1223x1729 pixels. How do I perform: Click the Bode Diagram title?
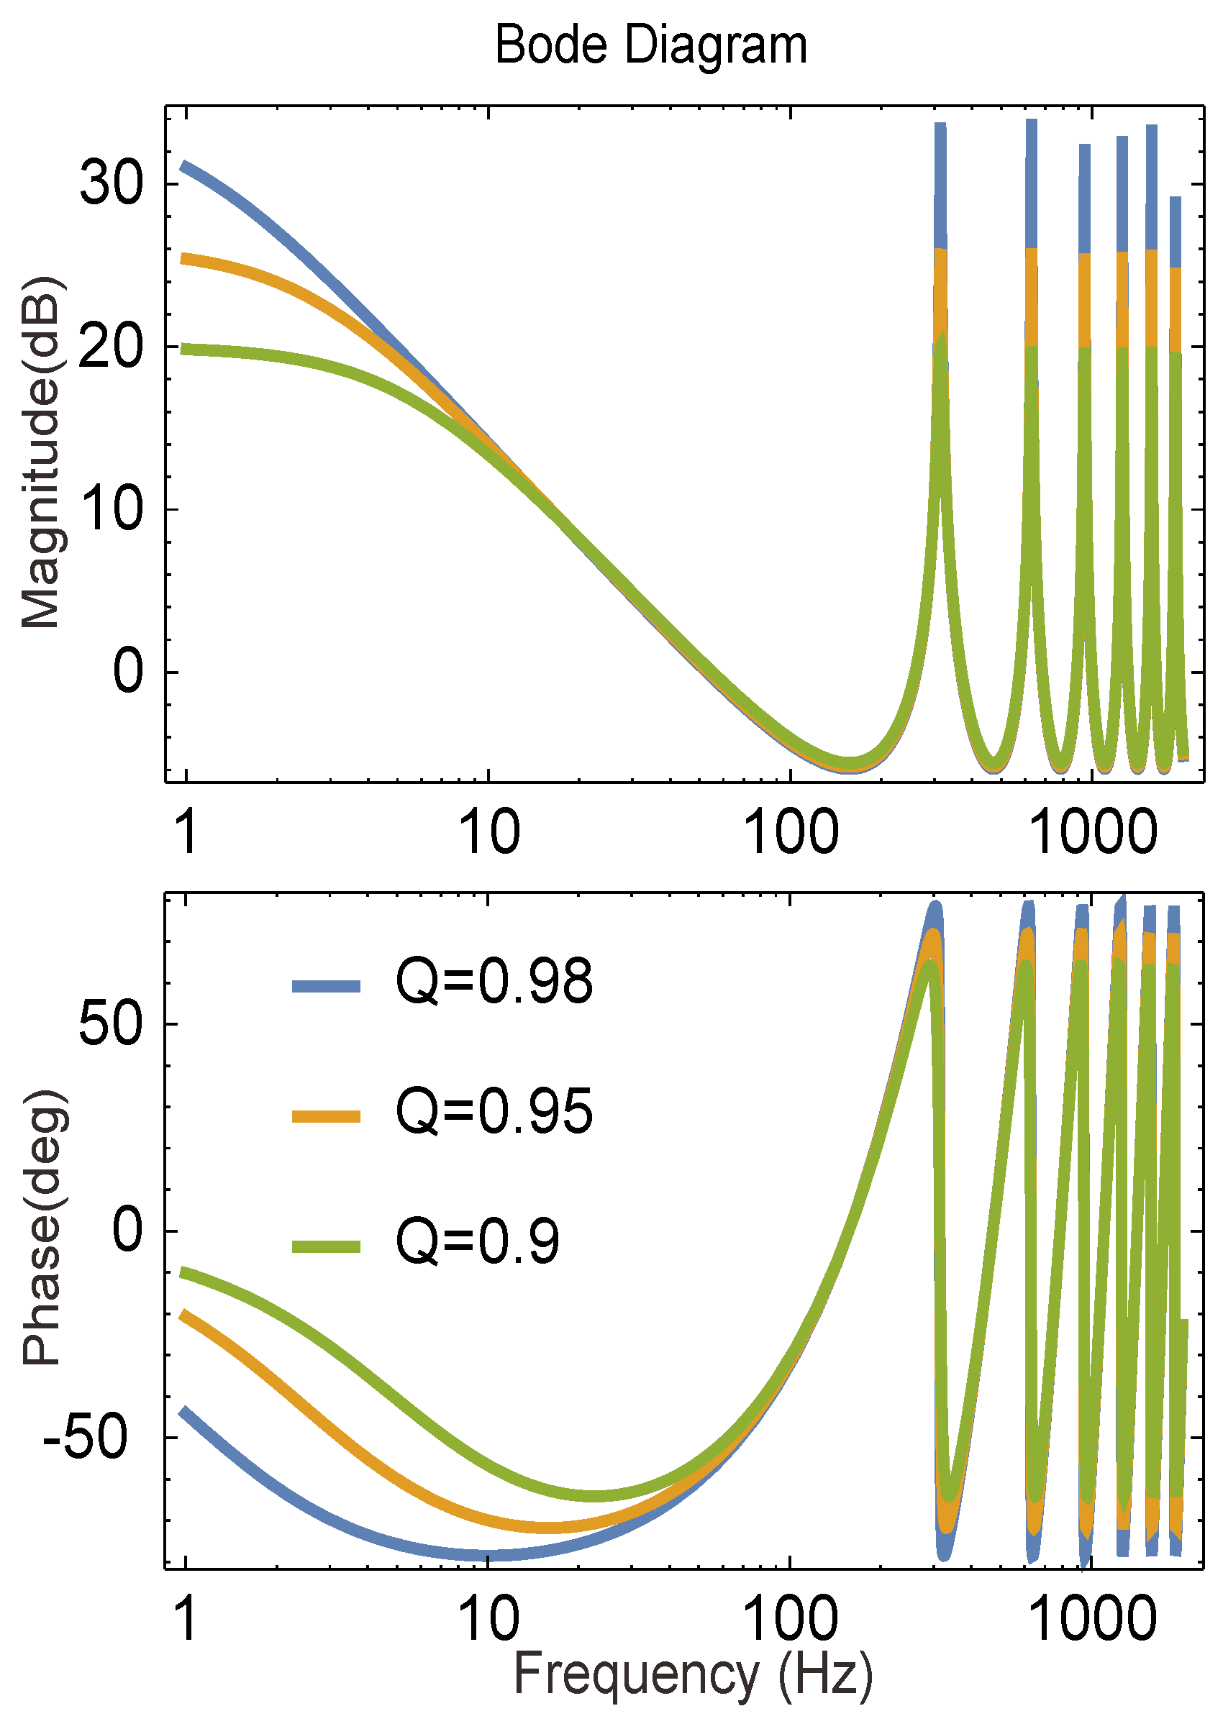(650, 45)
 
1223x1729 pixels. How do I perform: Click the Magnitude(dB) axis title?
(42, 452)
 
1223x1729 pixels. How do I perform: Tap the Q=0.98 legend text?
(494, 982)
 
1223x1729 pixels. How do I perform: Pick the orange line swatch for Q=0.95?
(326, 1116)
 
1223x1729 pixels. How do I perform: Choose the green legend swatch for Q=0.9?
(326, 1246)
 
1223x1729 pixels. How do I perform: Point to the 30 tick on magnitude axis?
(111, 183)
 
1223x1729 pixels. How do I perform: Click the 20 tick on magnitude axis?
(111, 347)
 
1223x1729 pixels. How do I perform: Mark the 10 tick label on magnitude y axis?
(111, 509)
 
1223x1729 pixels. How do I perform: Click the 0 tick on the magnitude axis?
(128, 671)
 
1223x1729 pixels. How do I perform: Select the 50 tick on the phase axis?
(111, 1024)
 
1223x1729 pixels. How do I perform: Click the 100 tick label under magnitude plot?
(790, 833)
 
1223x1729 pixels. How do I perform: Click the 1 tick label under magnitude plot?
(186, 833)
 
